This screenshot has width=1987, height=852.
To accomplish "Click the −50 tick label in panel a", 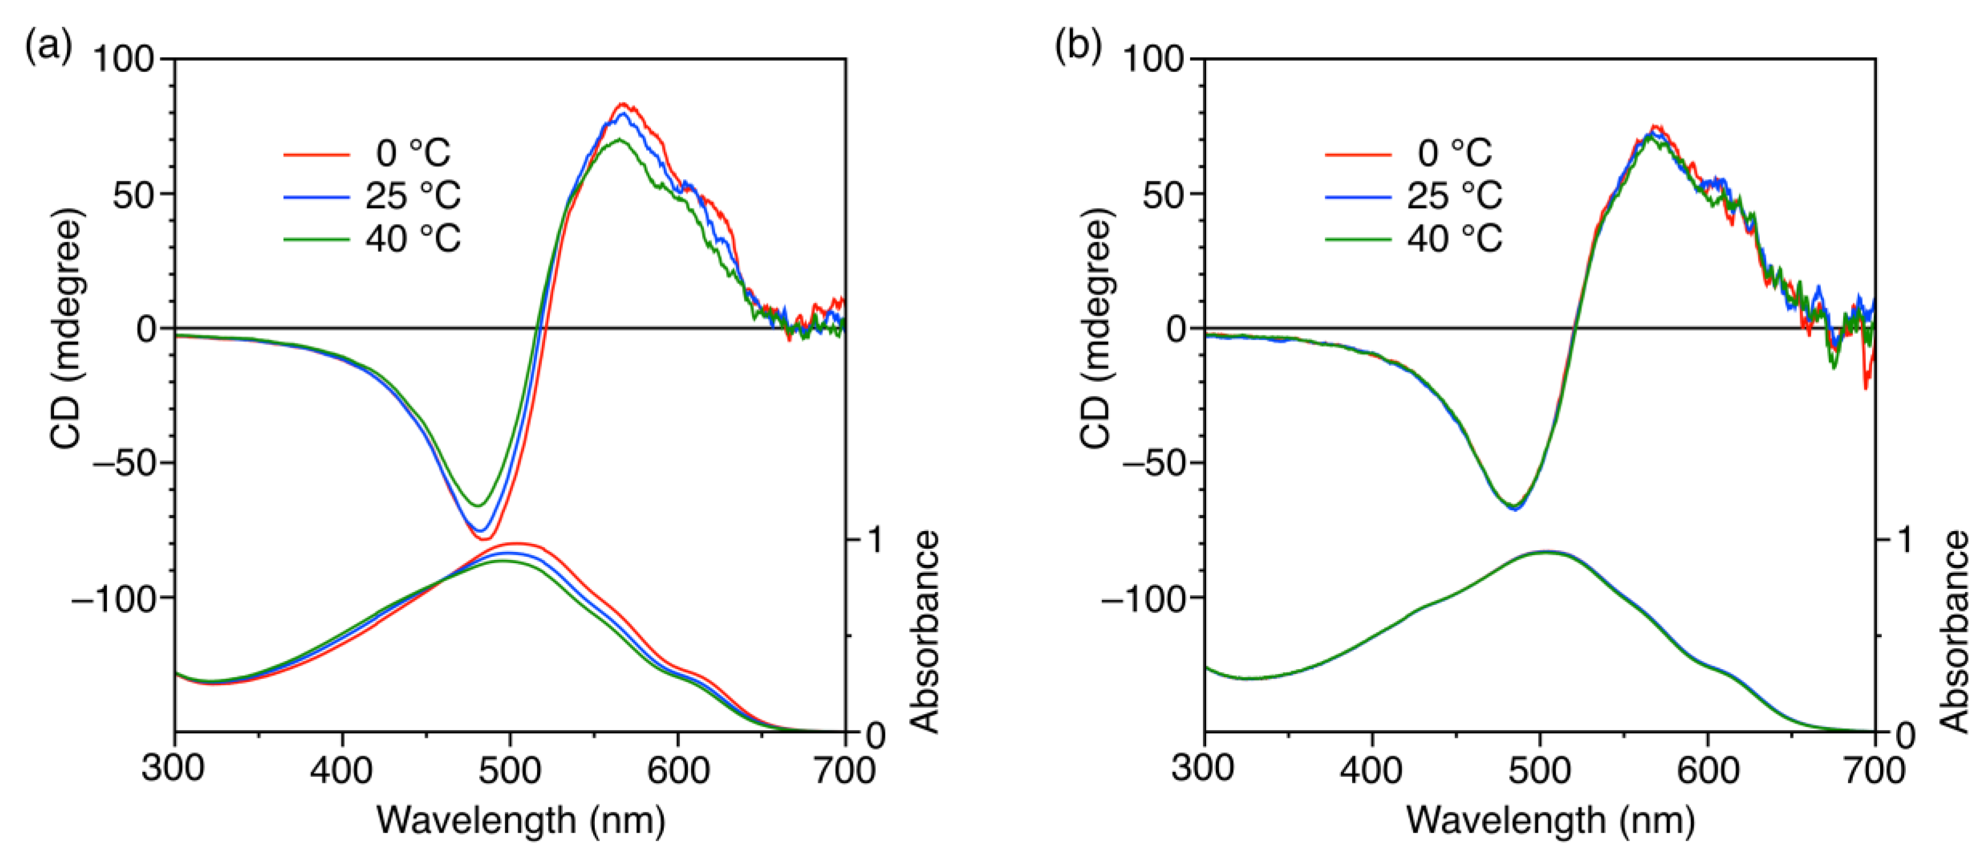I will click(124, 463).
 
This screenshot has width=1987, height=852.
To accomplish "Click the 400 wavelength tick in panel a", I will click(341, 770).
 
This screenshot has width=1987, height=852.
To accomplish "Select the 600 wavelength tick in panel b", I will click(1708, 770).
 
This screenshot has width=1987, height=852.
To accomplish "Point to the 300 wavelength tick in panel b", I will click(1204, 770).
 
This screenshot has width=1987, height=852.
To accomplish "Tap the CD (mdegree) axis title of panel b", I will click(1096, 328).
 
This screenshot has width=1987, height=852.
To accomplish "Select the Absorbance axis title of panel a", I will click(924, 631).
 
